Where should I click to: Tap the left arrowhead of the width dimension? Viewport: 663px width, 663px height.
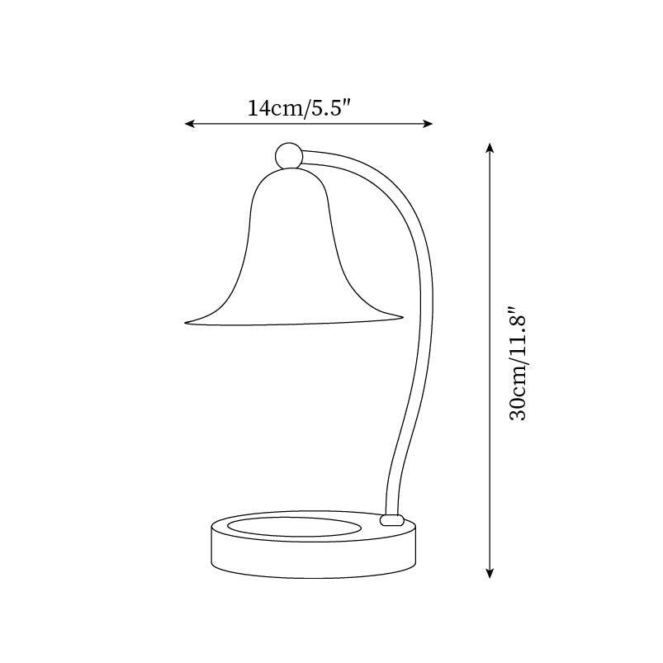pyautogui.click(x=189, y=124)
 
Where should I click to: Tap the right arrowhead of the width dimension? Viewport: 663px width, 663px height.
pyautogui.click(x=429, y=124)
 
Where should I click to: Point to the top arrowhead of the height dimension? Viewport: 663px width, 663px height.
pyautogui.click(x=490, y=148)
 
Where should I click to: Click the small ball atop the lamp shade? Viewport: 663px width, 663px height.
pyautogui.click(x=288, y=155)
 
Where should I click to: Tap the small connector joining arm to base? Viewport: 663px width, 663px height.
pyautogui.click(x=391, y=520)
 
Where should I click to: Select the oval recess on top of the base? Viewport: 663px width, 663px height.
pyautogui.click(x=294, y=526)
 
